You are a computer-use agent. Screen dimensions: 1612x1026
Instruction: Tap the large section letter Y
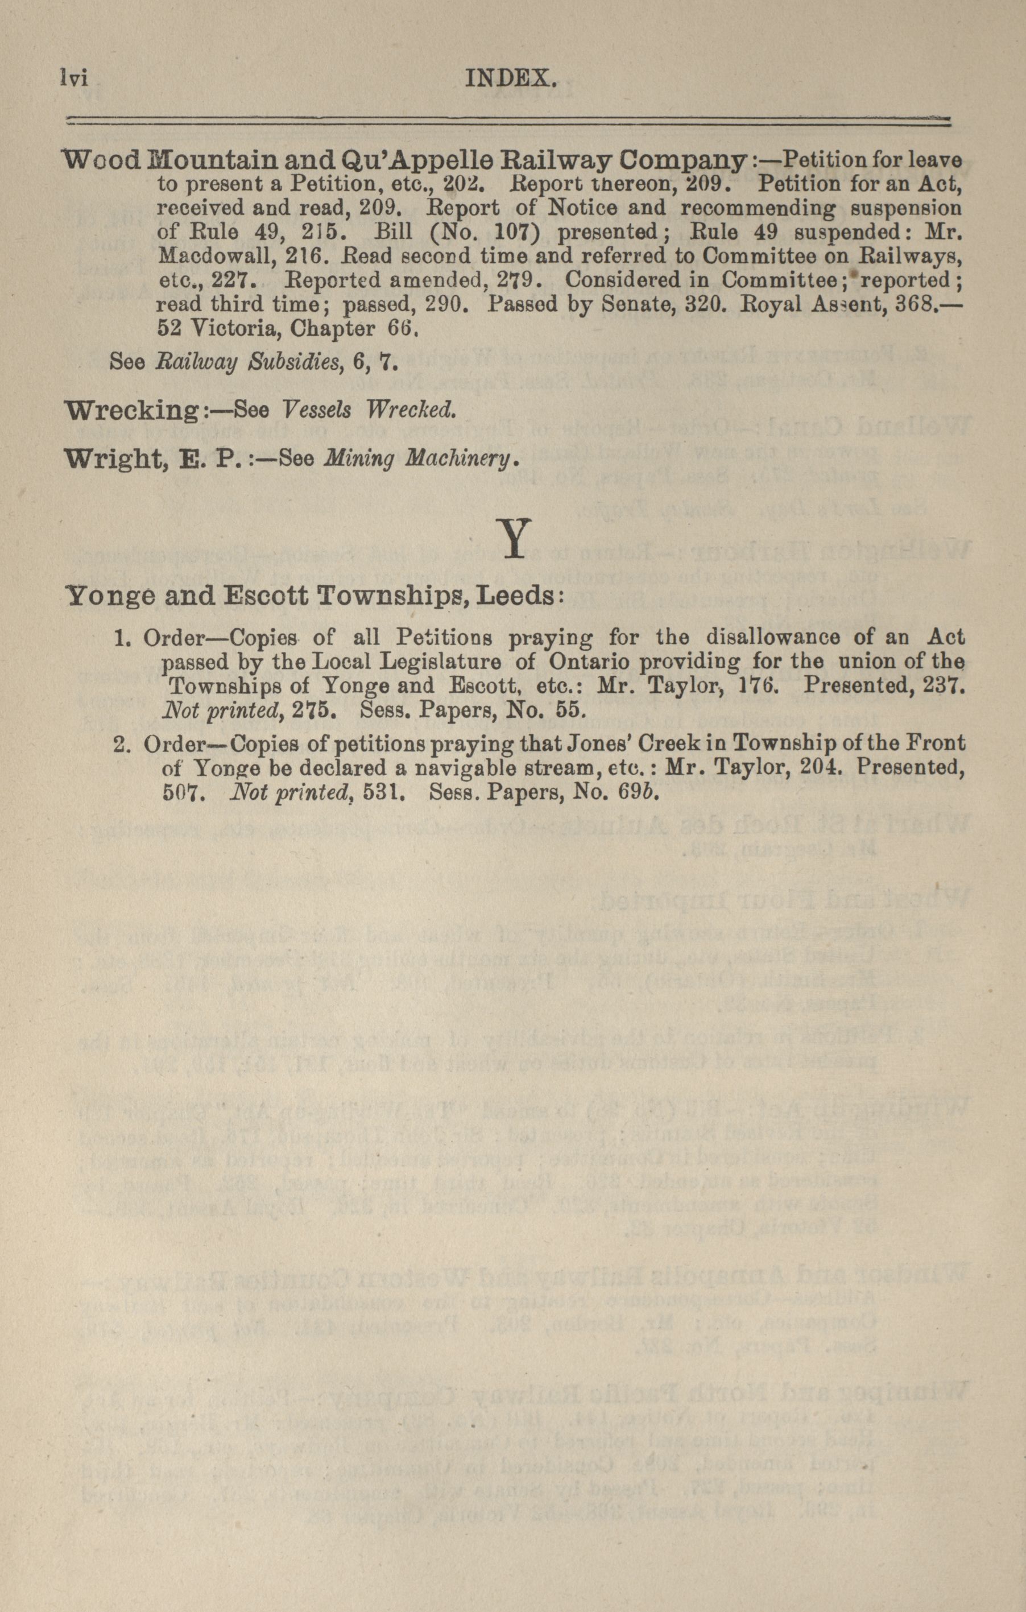pos(514,538)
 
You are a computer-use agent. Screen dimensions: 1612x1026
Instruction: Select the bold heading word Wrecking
pos(130,410)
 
